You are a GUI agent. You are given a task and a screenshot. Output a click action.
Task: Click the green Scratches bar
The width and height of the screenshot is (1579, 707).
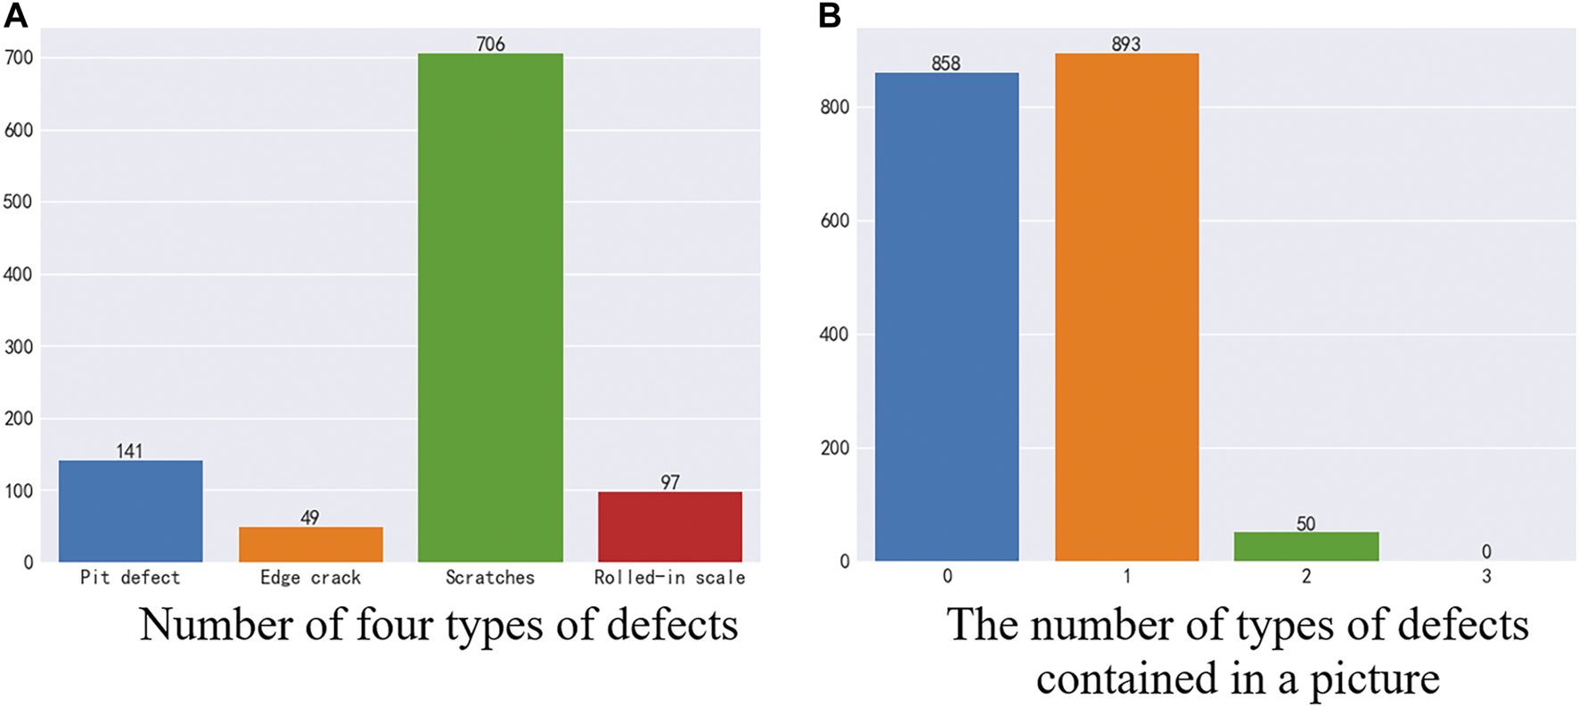490,308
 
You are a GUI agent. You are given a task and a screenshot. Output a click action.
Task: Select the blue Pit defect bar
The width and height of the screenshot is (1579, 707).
131,511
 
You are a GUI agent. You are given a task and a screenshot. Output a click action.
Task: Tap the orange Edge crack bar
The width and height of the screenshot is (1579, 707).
310,544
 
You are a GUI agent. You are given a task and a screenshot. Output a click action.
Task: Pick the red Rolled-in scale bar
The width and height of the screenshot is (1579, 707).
669,526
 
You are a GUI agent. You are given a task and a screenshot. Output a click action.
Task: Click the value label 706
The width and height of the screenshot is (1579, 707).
490,44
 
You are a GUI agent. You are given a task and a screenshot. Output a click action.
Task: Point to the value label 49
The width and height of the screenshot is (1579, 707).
309,517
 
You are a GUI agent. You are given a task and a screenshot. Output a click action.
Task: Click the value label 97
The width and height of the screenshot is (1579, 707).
670,482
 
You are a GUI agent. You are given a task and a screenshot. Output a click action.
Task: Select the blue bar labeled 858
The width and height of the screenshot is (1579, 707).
946,317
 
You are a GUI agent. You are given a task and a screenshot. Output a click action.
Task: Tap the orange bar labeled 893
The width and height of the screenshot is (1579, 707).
1126,308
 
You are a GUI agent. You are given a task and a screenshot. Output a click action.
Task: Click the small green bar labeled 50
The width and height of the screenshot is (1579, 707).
1305,547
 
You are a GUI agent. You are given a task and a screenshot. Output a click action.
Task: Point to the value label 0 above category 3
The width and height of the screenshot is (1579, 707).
1485,552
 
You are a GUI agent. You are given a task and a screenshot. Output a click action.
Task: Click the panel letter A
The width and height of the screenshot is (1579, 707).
15,15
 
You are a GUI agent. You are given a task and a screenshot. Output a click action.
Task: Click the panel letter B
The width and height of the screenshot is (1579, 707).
830,15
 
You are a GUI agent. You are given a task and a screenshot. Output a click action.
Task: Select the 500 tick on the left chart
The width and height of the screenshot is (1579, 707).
18,201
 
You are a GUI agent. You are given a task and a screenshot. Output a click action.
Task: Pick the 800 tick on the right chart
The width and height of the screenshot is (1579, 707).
834,107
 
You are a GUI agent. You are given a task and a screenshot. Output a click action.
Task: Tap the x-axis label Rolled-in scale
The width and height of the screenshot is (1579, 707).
669,578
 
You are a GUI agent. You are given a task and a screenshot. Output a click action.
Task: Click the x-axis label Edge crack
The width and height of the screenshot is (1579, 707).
310,578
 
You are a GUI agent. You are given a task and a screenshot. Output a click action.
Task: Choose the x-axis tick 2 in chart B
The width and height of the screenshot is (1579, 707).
1305,577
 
